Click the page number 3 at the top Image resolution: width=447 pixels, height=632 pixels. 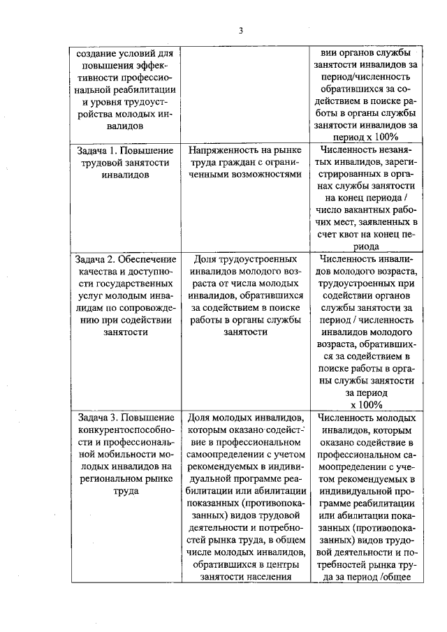[x=240, y=31]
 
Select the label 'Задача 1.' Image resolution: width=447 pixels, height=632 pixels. [x=99, y=150]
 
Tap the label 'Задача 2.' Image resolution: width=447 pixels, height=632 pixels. [x=99, y=259]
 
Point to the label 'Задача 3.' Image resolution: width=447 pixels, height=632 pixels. [x=99, y=418]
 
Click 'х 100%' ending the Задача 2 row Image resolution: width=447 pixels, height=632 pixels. [x=366, y=404]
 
